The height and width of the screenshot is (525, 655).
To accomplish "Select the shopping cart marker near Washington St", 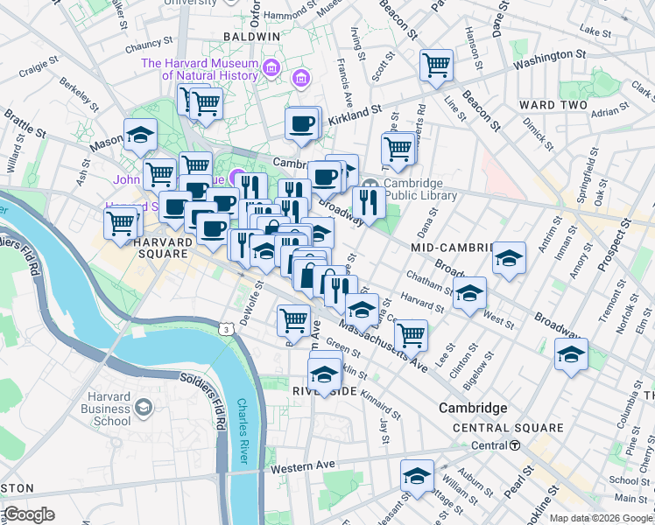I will [435, 65].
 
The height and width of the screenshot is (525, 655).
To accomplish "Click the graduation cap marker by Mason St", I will [139, 136].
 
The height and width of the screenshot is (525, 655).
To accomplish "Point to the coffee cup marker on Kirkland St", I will [302, 123].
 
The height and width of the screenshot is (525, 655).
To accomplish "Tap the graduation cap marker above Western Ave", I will [417, 476].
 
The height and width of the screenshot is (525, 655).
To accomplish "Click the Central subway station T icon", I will [516, 445].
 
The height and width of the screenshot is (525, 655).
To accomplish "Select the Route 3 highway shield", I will [227, 329].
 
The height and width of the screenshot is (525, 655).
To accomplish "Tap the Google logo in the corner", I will [29, 514].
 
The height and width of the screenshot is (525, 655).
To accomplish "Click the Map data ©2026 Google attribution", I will [601, 518].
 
